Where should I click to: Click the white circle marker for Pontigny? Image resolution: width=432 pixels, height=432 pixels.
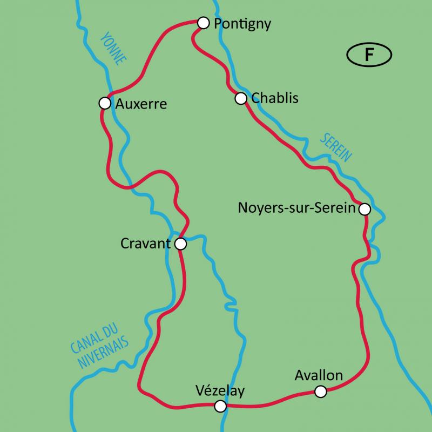pyautogui.click(x=203, y=23)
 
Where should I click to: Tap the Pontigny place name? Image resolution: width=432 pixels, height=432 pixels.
pyautogui.click(x=242, y=24)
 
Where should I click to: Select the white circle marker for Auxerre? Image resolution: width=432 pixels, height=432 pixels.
pyautogui.click(x=105, y=103)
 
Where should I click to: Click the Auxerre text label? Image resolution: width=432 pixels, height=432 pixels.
pyautogui.click(x=141, y=104)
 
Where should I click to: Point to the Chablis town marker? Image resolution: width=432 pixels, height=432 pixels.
pyautogui.click(x=241, y=98)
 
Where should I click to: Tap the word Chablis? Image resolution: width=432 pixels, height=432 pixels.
pyautogui.click(x=275, y=99)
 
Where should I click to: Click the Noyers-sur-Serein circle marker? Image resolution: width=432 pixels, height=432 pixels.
pyautogui.click(x=365, y=209)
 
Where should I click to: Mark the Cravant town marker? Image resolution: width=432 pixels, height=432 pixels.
pyautogui.click(x=181, y=244)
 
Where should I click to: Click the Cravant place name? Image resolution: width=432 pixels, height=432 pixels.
pyautogui.click(x=145, y=244)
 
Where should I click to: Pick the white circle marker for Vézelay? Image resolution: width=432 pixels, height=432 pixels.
pyautogui.click(x=220, y=406)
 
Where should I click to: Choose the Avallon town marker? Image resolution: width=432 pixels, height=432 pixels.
pyautogui.click(x=321, y=391)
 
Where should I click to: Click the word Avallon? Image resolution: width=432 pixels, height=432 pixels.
pyautogui.click(x=319, y=375)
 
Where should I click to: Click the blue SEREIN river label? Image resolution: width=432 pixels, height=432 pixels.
pyautogui.click(x=335, y=147)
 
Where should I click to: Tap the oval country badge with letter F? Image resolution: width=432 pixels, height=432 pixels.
pyautogui.click(x=369, y=55)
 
